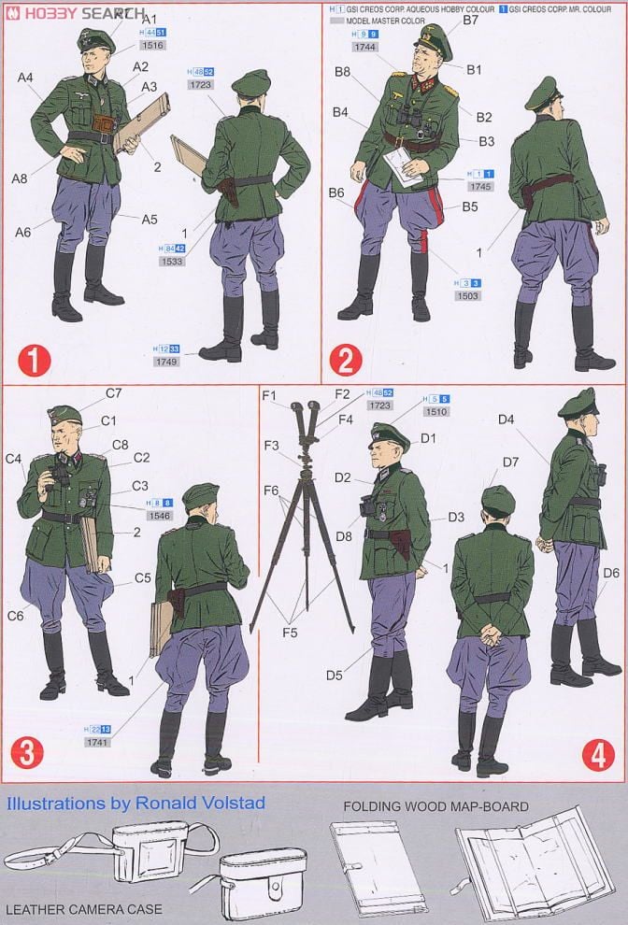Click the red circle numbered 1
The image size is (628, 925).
(33, 359)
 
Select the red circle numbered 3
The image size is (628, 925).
(26, 753)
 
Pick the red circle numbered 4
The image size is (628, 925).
(597, 753)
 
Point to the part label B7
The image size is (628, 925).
(470, 20)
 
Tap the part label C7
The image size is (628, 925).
(113, 392)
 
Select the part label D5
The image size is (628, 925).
(335, 675)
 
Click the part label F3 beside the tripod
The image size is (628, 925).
(270, 446)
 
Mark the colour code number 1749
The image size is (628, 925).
(168, 362)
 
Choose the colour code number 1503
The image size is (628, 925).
(468, 295)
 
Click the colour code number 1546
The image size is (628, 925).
(159, 515)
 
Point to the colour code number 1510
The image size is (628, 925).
(436, 411)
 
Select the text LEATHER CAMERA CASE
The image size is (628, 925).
(84, 908)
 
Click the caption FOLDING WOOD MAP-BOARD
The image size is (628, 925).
(435, 806)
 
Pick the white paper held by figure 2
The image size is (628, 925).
(402, 165)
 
